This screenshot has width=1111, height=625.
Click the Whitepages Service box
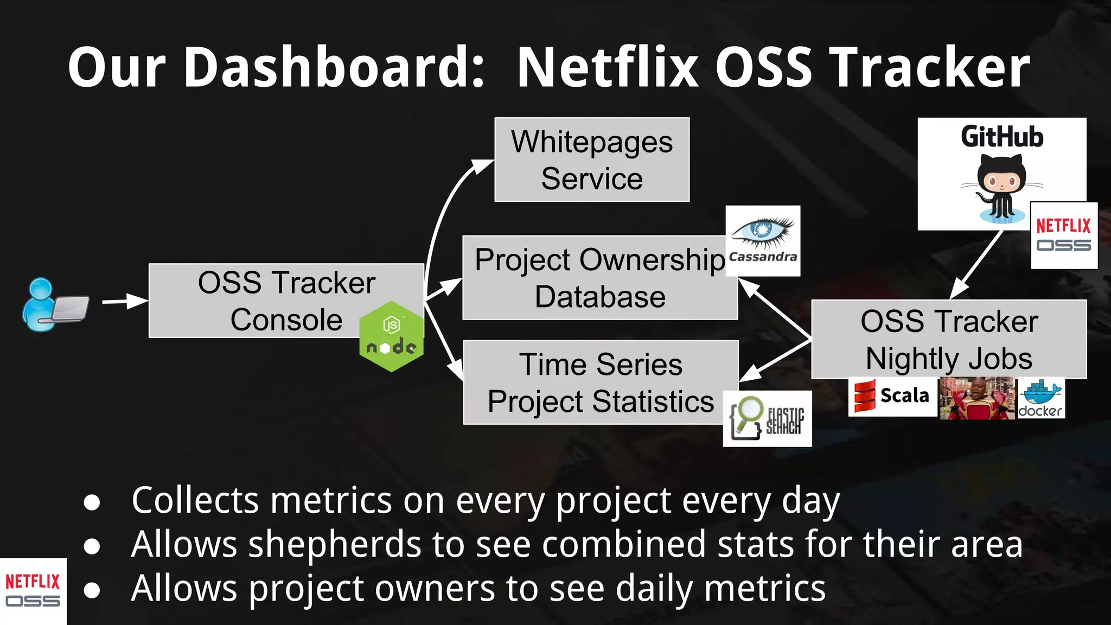(592, 160)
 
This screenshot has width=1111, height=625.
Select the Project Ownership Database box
(599, 278)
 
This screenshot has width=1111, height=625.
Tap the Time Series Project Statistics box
(601, 382)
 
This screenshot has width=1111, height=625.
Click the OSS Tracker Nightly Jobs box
(949, 340)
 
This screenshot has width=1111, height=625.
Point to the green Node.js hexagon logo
(391, 337)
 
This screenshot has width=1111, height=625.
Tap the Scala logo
(892, 397)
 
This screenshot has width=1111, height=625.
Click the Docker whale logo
(1040, 398)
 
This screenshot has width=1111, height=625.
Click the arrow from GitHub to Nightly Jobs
(976, 264)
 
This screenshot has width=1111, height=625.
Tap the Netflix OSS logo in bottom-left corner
(33, 591)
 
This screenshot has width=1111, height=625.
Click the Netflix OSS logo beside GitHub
(1063, 235)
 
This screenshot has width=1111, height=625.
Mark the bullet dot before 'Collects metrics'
(92, 502)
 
